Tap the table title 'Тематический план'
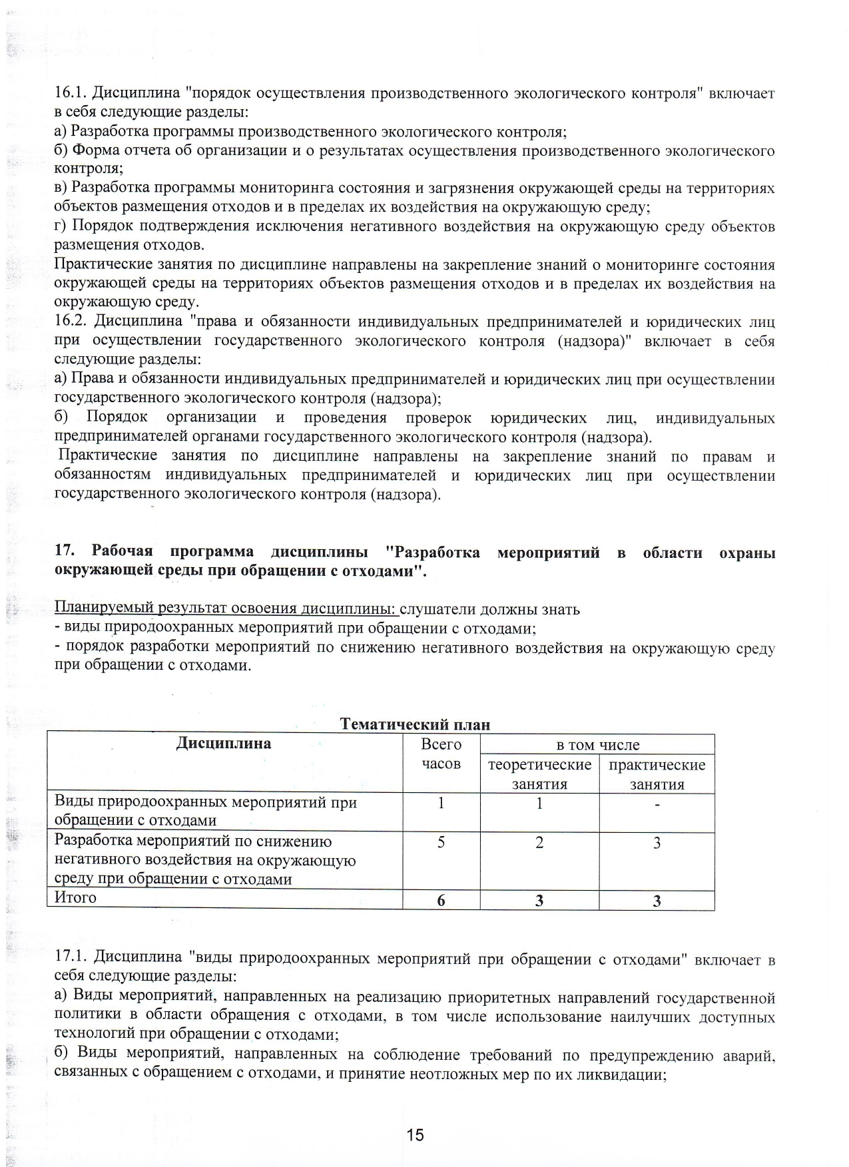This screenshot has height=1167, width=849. click(x=415, y=724)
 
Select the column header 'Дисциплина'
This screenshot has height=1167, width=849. click(x=224, y=744)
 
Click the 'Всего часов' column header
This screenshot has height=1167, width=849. click(x=441, y=754)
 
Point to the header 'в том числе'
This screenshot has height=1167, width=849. click(x=597, y=745)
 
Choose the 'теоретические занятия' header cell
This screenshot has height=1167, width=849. click(x=539, y=774)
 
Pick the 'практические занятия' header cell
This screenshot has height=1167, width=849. click(x=657, y=774)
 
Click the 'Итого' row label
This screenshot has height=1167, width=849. click(x=75, y=897)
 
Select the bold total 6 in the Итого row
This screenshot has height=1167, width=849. click(x=441, y=901)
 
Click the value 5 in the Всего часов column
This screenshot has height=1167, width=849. click(x=441, y=843)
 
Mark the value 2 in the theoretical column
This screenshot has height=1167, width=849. click(x=539, y=843)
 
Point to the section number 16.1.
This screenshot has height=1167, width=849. click(x=69, y=93)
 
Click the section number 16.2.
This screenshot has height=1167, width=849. click(x=71, y=322)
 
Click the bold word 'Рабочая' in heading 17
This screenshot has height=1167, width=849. click(x=123, y=552)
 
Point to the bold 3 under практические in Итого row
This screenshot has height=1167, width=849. click(x=657, y=901)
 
